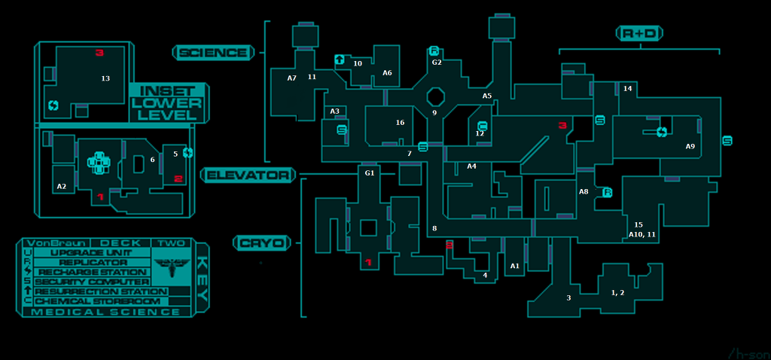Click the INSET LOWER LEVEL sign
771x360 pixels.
pos(166,102)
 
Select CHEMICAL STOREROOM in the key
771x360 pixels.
pos(98,301)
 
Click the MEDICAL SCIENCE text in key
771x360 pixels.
pos(106,312)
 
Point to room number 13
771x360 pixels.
pos(105,78)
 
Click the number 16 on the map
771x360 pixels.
pos(400,123)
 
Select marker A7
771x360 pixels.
pos(292,78)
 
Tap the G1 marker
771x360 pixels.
pos(369,174)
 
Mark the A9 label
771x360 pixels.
pos(690,146)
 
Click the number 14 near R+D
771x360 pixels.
pos(627,89)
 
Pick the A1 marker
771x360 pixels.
pos(515,266)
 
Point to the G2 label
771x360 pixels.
pos(437,63)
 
